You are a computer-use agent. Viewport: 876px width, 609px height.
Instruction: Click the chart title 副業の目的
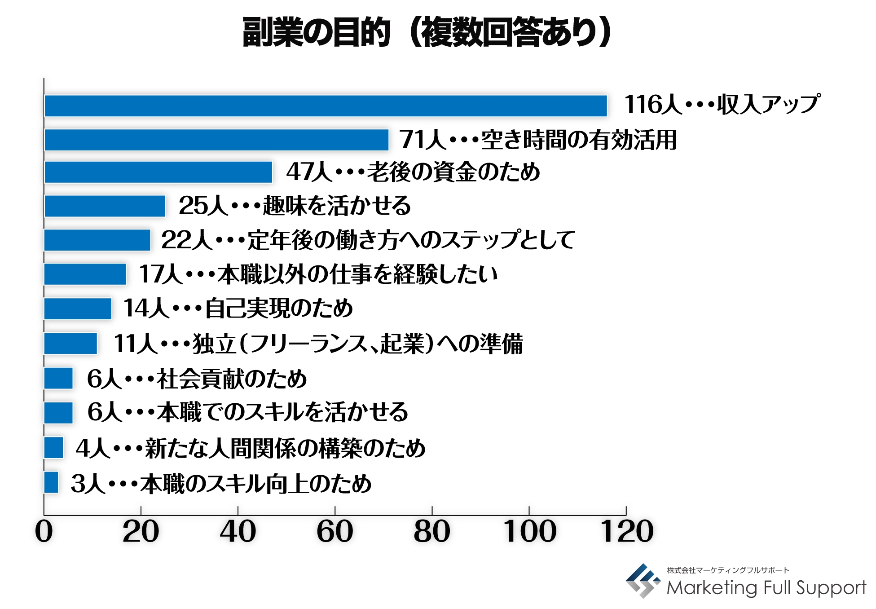click(x=316, y=32)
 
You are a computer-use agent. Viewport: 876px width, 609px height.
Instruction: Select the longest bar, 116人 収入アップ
click(x=326, y=106)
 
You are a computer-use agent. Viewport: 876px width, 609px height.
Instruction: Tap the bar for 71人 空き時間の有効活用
click(x=216, y=140)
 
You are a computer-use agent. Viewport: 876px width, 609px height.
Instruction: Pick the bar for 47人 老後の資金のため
click(x=158, y=172)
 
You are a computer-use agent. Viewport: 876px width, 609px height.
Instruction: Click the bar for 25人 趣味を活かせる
click(x=105, y=206)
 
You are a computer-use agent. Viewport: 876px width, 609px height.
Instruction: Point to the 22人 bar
click(x=97, y=240)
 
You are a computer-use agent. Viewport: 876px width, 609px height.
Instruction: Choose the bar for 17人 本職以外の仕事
click(x=85, y=274)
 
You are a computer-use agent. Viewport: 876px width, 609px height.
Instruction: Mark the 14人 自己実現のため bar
click(x=78, y=309)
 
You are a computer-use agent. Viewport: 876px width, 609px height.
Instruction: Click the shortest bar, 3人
click(x=51, y=482)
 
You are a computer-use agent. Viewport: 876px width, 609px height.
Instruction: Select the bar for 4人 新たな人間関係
click(x=54, y=448)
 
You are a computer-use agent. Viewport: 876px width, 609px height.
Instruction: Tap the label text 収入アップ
click(x=768, y=104)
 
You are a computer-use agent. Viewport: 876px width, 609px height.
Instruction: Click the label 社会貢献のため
click(x=232, y=379)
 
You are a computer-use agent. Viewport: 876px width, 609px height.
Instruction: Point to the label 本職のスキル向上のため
click(x=256, y=484)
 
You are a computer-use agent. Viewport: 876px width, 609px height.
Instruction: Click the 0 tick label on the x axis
click(x=44, y=531)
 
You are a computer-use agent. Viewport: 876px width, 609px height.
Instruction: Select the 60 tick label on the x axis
click(x=335, y=531)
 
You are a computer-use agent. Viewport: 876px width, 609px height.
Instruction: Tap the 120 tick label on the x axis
click(x=627, y=531)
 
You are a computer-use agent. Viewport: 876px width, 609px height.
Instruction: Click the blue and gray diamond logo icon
click(x=643, y=580)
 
